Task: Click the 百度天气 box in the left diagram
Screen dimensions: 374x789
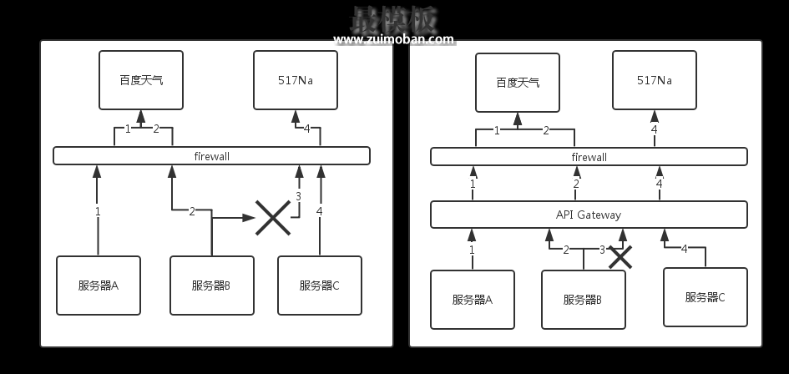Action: (x=141, y=80)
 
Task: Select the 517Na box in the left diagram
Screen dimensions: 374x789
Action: (x=296, y=80)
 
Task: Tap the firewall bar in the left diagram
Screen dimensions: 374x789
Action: (x=211, y=155)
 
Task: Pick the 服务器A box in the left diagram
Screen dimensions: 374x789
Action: (x=99, y=286)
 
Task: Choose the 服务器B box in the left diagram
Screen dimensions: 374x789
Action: (x=211, y=286)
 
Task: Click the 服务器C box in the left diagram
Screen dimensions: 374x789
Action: (x=320, y=286)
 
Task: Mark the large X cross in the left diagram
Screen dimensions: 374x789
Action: (x=272, y=217)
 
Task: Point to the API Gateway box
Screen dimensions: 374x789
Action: (x=589, y=215)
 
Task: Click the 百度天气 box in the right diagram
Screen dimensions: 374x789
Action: (x=518, y=82)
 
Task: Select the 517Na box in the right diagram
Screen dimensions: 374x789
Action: (x=654, y=80)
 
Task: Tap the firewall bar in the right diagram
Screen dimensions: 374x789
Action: (x=589, y=156)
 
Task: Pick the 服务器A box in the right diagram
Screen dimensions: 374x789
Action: (x=472, y=300)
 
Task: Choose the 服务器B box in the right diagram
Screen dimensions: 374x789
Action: (x=583, y=300)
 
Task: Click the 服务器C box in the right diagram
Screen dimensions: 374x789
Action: (x=705, y=296)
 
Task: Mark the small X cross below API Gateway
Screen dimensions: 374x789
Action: (x=620, y=256)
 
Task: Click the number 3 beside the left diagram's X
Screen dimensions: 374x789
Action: (x=298, y=197)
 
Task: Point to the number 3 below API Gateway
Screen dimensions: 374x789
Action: (x=602, y=250)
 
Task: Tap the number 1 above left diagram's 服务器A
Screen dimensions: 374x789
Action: (x=98, y=211)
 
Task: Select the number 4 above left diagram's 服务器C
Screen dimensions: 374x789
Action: (x=319, y=211)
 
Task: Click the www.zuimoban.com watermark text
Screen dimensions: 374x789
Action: (x=394, y=39)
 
